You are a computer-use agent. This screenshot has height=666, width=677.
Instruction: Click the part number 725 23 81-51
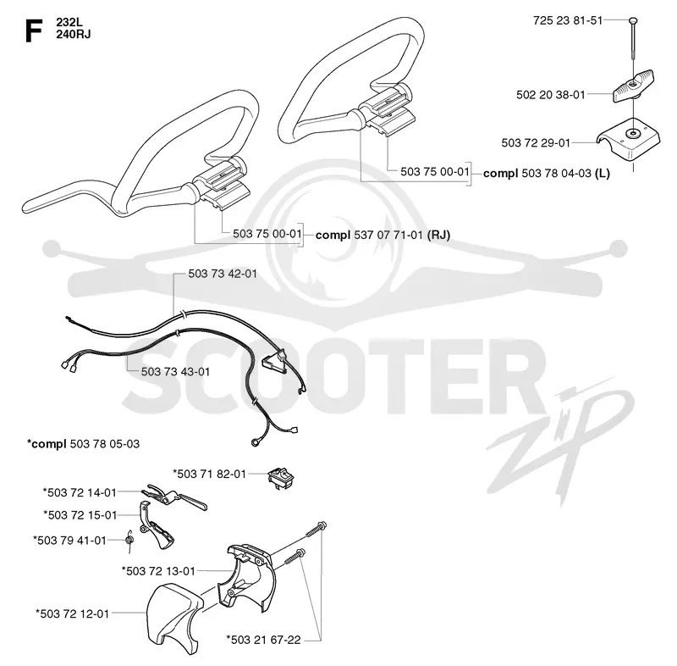[x=568, y=20]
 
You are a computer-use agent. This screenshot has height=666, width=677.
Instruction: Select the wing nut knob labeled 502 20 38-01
[x=633, y=86]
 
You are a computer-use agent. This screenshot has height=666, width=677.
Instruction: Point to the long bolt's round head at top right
[x=633, y=19]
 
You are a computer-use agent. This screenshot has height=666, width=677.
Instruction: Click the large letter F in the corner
[x=34, y=31]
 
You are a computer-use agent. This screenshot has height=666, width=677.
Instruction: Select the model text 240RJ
[x=74, y=34]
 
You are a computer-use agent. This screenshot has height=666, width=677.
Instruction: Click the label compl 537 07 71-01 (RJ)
[x=383, y=235]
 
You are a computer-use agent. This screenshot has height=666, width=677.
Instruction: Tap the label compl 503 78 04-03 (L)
[x=546, y=174]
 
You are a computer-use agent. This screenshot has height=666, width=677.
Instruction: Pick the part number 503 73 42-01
[x=223, y=274]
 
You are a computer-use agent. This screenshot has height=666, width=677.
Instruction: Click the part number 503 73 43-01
[x=175, y=372]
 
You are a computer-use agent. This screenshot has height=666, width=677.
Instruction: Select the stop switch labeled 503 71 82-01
[x=280, y=477]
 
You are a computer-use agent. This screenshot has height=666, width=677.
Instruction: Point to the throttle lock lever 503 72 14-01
[x=174, y=497]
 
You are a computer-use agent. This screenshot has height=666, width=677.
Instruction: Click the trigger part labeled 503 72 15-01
[x=157, y=525]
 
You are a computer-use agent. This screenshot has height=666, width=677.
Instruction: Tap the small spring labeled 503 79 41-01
[x=129, y=541]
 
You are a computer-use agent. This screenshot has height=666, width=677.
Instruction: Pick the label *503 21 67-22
[x=263, y=640]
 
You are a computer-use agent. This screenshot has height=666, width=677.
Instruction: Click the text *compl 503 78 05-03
[x=83, y=444]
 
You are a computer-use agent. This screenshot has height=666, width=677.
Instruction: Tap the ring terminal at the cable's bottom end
[x=255, y=442]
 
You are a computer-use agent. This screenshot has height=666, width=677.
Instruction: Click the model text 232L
[x=69, y=22]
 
